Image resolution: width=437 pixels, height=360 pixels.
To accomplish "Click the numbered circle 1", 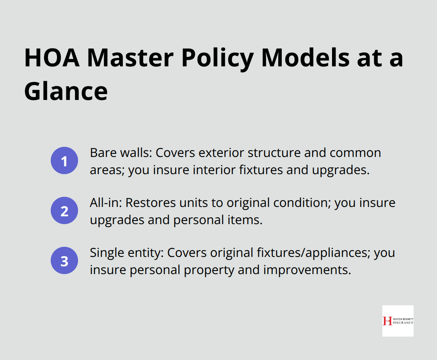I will click(x=64, y=161).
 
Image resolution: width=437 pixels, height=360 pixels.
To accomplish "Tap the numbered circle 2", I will click(x=64, y=211).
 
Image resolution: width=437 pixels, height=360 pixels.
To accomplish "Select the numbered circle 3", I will click(x=64, y=261).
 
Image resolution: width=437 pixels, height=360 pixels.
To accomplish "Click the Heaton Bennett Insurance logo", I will click(x=398, y=321).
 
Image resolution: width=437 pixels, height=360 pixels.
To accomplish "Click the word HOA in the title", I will click(x=51, y=58).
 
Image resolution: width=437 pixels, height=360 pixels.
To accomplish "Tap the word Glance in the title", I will click(x=66, y=91).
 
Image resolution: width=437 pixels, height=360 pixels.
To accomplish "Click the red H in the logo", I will click(x=387, y=321).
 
